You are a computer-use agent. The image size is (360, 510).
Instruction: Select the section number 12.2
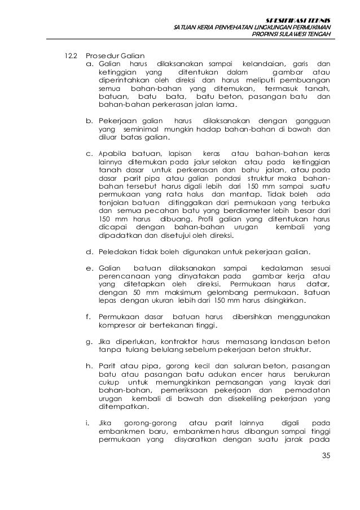[69, 56]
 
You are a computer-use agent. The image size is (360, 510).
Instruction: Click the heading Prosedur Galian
[115, 56]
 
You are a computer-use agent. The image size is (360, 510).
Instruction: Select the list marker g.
[89, 342]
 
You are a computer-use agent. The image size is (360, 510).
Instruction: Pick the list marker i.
[88, 423]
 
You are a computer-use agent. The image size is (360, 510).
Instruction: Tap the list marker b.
[89, 121]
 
